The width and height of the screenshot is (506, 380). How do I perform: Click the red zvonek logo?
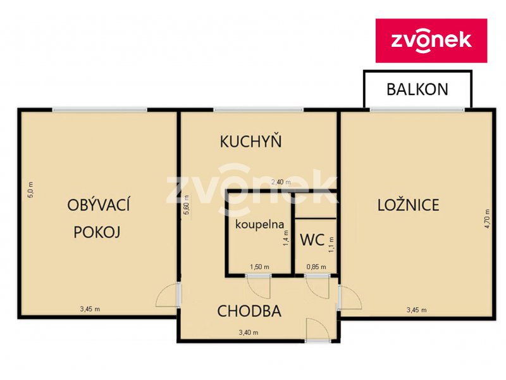coord(431,41)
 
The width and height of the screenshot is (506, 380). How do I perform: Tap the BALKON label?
coord(417,89)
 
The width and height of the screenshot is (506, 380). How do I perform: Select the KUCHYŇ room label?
coord(250,141)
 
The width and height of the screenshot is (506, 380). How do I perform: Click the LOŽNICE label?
coord(408,205)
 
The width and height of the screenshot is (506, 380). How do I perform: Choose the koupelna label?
coord(260,224)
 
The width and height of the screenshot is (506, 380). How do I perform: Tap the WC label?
coord(312,239)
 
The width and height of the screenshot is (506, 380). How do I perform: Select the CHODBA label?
coord(249,311)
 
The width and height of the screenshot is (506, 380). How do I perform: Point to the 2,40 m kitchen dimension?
coord(280,182)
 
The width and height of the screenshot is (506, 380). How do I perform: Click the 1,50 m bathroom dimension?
coord(259,267)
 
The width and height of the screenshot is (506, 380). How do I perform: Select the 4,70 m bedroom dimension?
coord(487,219)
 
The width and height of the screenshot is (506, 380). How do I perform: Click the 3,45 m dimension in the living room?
coord(89,309)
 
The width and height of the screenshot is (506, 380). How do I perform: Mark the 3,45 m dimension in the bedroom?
coord(416,310)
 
